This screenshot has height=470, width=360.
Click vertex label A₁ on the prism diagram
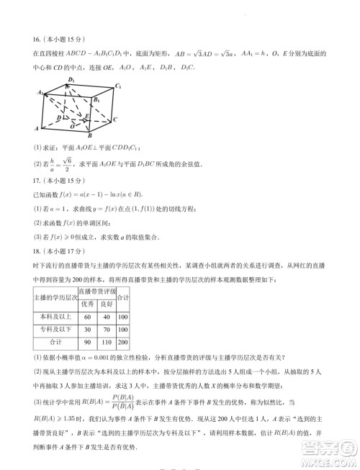[x=41, y=92]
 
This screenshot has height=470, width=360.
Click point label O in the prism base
[x=71, y=125]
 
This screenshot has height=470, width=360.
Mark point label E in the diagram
[x=88, y=115]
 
